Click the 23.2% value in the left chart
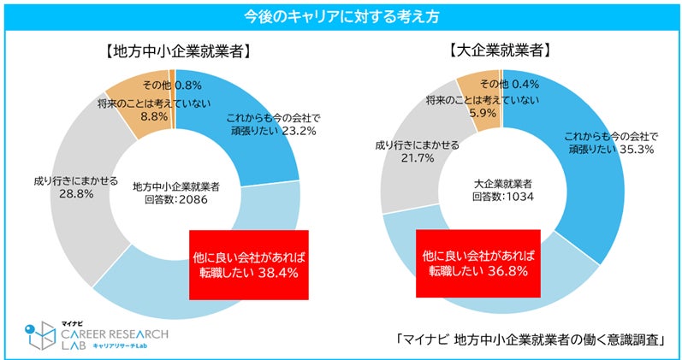click(299, 132)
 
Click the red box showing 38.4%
click(249, 265)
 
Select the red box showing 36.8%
click(478, 264)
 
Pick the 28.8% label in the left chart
click(76, 194)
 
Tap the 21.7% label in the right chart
click(417, 158)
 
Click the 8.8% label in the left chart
click(154, 117)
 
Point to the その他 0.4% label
click(510, 83)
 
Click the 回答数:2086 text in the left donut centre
click(175, 200)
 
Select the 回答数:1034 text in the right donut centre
click(503, 197)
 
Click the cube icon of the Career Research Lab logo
click(40, 335)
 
